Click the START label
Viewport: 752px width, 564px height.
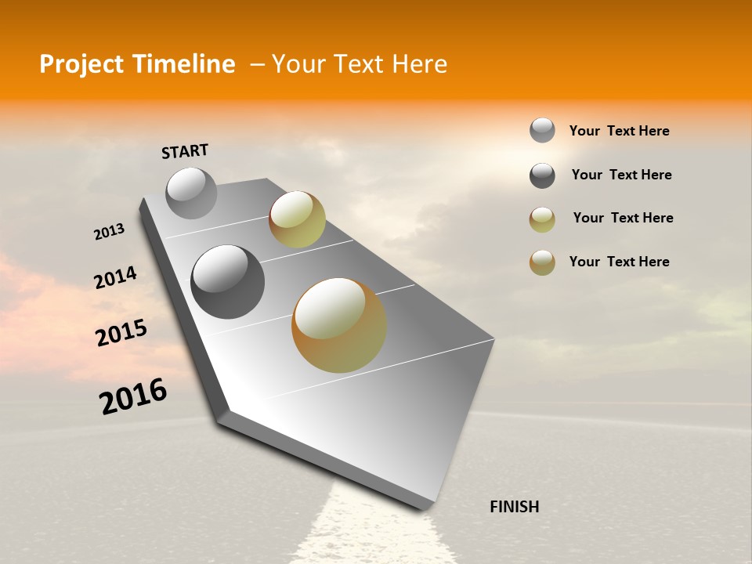(x=185, y=151)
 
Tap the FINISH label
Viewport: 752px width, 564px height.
(x=514, y=507)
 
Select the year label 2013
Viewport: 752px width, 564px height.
(x=110, y=232)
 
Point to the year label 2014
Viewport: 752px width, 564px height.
(x=115, y=277)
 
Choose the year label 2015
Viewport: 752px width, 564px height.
(x=121, y=333)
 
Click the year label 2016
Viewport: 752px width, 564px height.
(x=133, y=396)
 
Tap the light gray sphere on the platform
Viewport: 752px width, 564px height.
(x=191, y=193)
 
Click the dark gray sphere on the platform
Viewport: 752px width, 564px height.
(x=227, y=281)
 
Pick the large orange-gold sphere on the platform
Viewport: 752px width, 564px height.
(x=339, y=325)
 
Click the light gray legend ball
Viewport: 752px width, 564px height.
(x=542, y=131)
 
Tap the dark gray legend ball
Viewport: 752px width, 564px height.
(x=542, y=175)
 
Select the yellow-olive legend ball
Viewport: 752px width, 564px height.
(x=542, y=219)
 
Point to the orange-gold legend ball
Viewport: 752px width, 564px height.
(x=542, y=262)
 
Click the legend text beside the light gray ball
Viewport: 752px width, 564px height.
(x=619, y=132)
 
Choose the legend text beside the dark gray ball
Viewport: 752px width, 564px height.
(x=621, y=175)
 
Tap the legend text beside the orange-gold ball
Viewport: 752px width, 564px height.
(x=619, y=262)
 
